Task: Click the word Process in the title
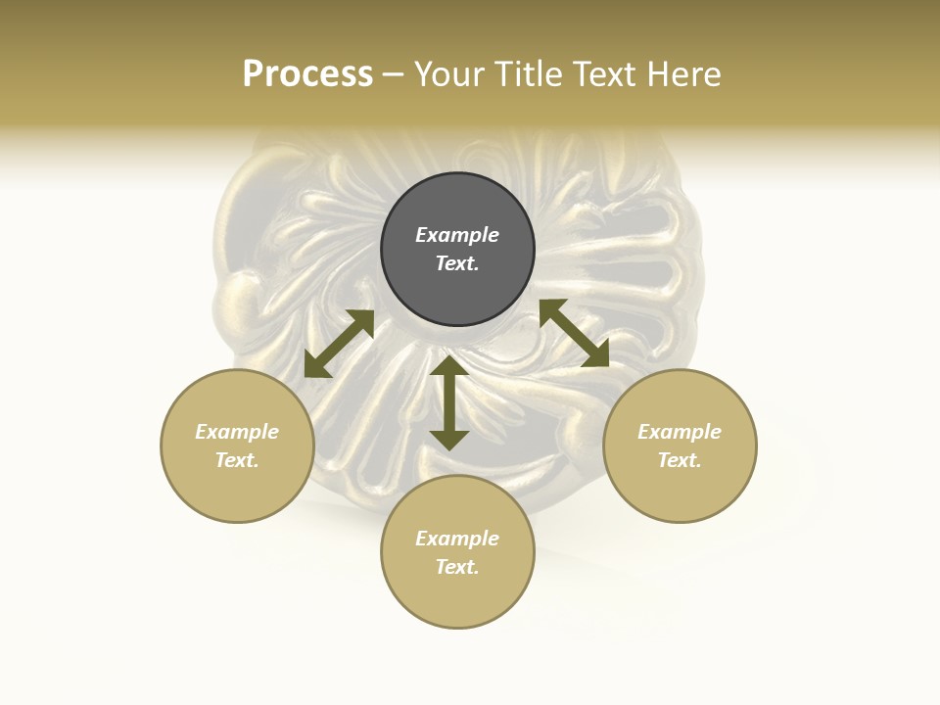307,74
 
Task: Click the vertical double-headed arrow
449,402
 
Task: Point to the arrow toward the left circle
339,344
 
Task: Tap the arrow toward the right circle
574,333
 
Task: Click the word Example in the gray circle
457,235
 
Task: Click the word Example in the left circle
237,432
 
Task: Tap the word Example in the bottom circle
457,539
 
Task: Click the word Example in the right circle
680,432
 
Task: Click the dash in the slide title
394,74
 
